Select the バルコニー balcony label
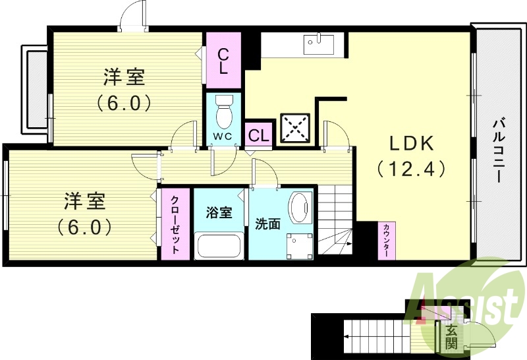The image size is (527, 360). [499, 150]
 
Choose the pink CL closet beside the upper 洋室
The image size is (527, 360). [223, 61]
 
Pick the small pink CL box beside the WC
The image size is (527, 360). [259, 135]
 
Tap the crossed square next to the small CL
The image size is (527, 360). [295, 127]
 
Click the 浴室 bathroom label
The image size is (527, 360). [219, 212]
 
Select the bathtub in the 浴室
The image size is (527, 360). [219, 247]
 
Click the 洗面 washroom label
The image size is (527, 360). [267, 224]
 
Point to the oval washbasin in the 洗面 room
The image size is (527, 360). [300, 208]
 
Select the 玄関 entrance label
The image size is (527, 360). [451, 336]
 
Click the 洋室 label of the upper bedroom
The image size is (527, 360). [125, 77]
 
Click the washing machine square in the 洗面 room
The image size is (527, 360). [299, 244]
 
